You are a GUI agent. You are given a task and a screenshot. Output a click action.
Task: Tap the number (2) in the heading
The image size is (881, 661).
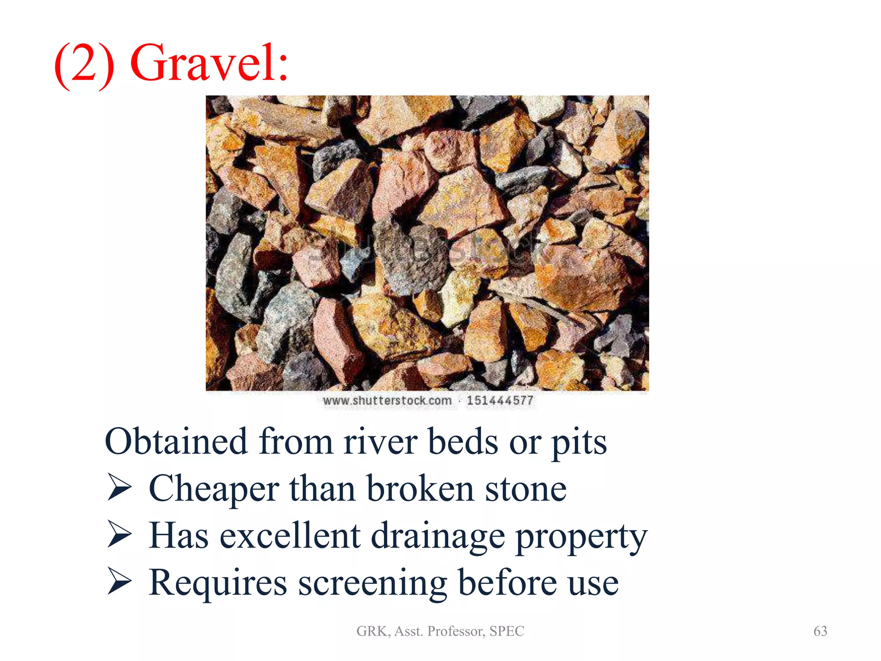click(x=85, y=65)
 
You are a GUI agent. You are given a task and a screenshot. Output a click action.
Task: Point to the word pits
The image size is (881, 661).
click(x=579, y=443)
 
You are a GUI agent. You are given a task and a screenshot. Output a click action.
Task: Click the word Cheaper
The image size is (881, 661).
click(x=214, y=489)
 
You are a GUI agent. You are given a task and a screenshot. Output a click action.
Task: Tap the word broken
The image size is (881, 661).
click(x=420, y=489)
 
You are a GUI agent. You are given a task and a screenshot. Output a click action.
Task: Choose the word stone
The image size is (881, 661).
click(x=526, y=490)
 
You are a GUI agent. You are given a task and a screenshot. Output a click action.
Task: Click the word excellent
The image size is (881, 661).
click(x=290, y=536)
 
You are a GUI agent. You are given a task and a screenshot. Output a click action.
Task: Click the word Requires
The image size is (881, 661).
click(x=218, y=583)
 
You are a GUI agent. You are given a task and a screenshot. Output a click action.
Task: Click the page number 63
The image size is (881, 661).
click(x=820, y=631)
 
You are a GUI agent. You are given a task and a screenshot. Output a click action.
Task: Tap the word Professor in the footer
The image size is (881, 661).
click(x=456, y=631)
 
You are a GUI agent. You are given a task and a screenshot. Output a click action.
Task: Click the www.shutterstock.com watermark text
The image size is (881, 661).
click(x=387, y=401)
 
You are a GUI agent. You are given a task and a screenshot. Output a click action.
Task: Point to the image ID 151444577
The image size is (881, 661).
click(x=500, y=401)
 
